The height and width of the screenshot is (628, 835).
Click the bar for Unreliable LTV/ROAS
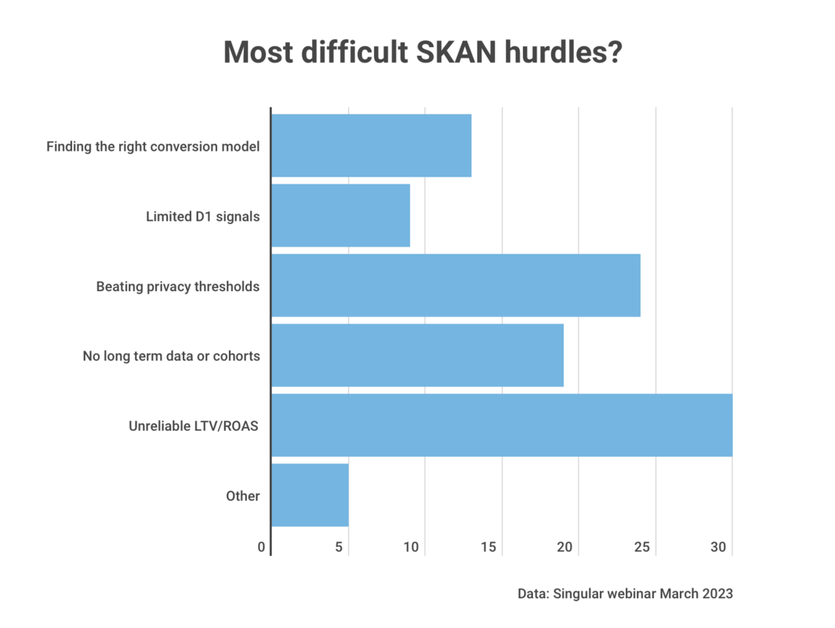point(502,425)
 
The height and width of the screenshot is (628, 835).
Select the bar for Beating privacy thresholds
point(456,286)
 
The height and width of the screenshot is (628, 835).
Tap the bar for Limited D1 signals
point(340,216)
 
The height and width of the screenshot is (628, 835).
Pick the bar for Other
point(310,495)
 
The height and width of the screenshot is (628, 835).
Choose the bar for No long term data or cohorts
point(417,356)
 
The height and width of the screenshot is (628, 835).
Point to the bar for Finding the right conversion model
point(371,146)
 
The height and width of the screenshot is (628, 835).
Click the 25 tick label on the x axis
point(642,547)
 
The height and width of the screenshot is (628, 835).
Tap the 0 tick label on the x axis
point(262,547)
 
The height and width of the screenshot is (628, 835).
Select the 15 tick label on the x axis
point(488,547)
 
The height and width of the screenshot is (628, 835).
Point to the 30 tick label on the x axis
point(719,547)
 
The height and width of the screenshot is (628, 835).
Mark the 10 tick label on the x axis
point(412,547)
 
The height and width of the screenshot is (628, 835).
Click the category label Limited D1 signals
point(202,217)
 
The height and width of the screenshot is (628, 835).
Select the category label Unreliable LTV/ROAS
point(194,426)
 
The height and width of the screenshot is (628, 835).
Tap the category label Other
point(242,496)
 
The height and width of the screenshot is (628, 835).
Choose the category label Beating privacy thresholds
point(178,287)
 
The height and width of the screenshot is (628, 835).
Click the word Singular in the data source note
point(582,593)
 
